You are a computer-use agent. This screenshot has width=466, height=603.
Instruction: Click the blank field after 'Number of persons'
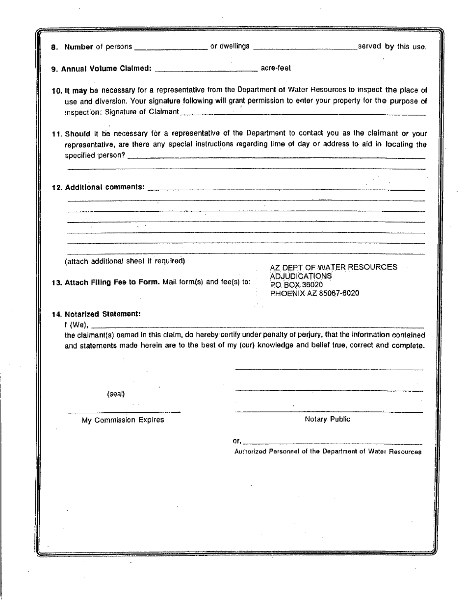click(x=171, y=48)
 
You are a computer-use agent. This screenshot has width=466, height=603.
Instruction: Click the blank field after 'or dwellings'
click(x=305, y=48)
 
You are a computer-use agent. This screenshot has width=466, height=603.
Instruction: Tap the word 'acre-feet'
click(x=276, y=68)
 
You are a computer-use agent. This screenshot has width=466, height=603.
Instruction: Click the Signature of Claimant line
click(x=303, y=113)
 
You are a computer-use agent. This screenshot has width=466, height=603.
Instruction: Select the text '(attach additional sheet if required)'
click(x=125, y=261)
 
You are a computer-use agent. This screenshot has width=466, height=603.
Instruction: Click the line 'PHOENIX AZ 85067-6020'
click(x=314, y=293)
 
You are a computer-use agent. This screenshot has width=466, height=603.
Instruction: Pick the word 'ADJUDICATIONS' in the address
click(x=301, y=276)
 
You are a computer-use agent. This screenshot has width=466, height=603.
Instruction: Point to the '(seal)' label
click(x=116, y=394)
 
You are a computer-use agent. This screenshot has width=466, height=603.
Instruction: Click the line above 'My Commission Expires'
click(x=124, y=411)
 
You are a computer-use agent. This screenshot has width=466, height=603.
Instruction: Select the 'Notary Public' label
click(x=328, y=419)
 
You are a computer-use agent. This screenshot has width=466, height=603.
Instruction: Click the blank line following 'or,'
click(x=332, y=443)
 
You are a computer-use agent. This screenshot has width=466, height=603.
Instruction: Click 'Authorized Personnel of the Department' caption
click(x=328, y=452)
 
